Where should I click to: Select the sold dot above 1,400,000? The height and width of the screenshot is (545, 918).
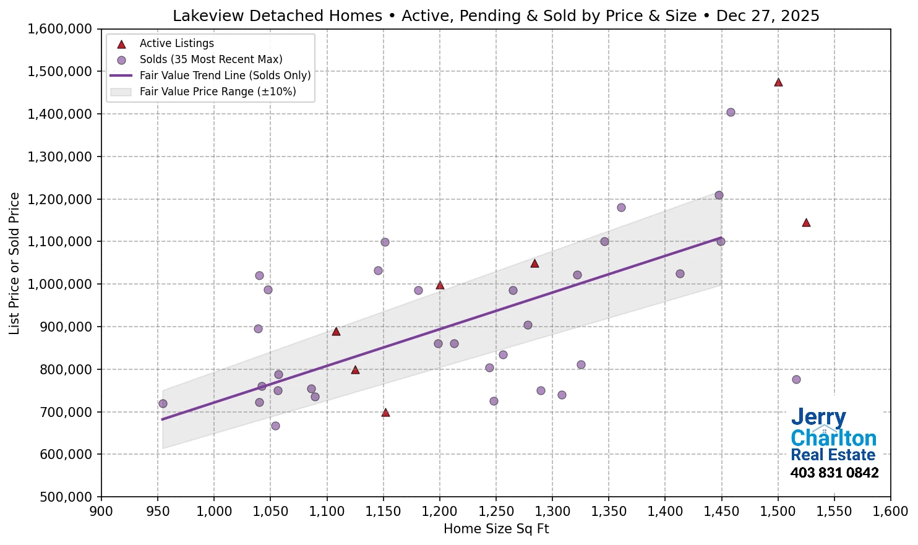[x=731, y=112]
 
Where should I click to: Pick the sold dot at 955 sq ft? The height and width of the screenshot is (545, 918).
[x=163, y=403]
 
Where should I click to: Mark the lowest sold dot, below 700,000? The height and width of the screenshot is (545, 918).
[x=275, y=426]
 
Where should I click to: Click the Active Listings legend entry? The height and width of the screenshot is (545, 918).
[x=176, y=43]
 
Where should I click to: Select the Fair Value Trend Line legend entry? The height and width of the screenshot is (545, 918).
[x=225, y=75]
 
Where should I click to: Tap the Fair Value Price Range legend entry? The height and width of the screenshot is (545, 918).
[x=217, y=92]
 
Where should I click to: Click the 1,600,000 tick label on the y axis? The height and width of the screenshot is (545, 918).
[x=59, y=29]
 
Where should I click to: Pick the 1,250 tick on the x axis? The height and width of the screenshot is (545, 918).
[x=496, y=512]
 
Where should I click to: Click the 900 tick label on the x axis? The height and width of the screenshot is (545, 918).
[x=101, y=512]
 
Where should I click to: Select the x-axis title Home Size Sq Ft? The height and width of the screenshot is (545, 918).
[x=496, y=529]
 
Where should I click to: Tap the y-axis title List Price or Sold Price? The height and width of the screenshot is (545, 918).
[x=14, y=264]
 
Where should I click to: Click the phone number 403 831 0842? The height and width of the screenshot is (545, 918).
[x=834, y=473]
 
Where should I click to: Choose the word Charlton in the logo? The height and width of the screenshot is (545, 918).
[x=833, y=438]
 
